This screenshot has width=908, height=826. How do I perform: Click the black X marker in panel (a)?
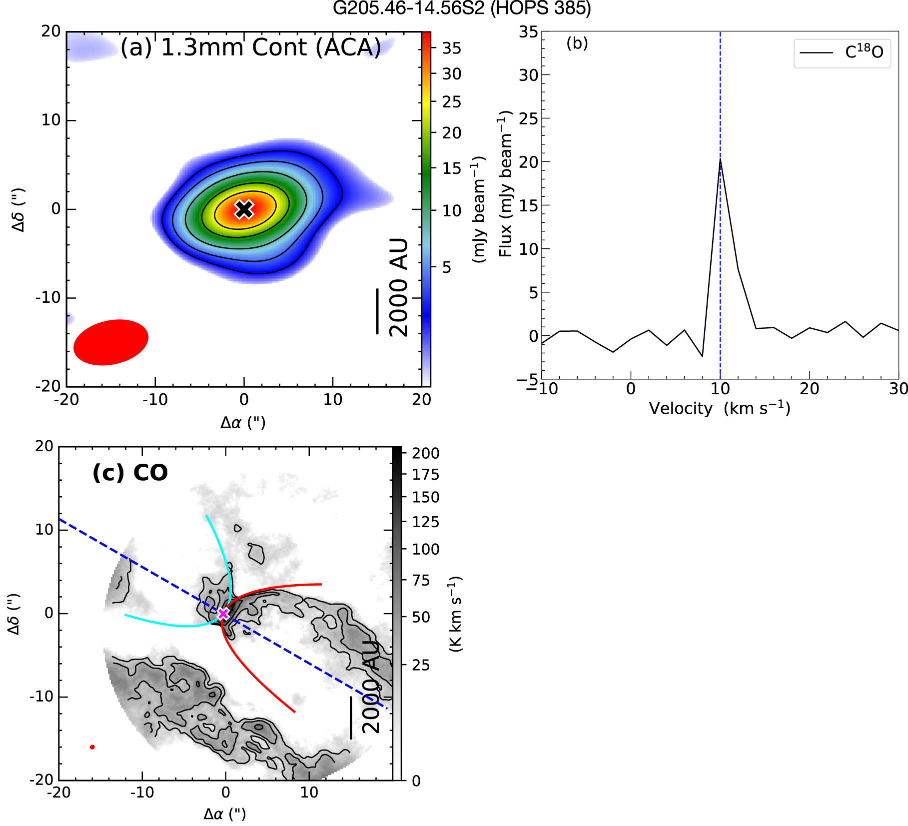coord(244,209)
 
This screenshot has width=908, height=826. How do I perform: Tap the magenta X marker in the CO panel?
coord(223,613)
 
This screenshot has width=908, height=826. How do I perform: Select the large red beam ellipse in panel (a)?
coord(111,342)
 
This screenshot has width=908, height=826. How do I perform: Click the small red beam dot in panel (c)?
coord(92,747)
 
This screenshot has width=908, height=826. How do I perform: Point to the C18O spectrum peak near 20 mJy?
coord(720,159)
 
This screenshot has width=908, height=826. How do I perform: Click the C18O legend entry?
coord(842,52)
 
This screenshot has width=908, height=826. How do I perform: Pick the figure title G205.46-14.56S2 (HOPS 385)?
coord(462,8)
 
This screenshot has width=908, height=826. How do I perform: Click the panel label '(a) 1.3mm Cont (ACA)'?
coord(251,47)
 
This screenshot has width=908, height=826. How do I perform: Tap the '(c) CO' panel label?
coord(130,473)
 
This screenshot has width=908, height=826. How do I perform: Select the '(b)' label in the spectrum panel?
coord(577,43)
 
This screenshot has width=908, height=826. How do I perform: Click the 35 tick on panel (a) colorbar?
coord(451,48)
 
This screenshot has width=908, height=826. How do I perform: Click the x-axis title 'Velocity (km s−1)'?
coord(720,408)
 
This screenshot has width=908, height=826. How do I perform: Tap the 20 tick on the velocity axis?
coord(809,388)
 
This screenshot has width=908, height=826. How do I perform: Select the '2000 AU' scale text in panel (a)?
coord(399,287)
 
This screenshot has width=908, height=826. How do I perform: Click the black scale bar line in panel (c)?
coord(351,718)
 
